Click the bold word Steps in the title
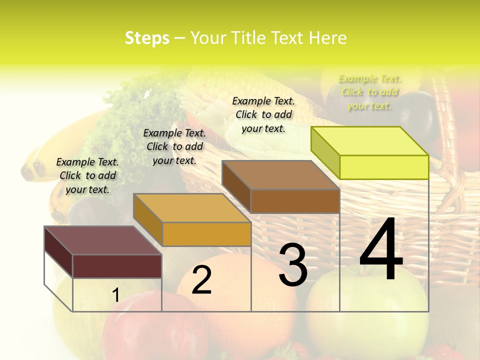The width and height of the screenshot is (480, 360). coord(147,38)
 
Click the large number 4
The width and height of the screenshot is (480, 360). coord(381,249)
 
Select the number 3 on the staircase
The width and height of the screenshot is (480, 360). coord(293,265)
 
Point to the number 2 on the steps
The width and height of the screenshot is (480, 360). coord(201,280)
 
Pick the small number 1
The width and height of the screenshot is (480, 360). coord(115,295)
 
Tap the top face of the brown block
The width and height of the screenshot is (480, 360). coord(280,175)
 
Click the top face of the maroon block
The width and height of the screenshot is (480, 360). coord(102,240)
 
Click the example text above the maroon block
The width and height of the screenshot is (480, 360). coord(87,175)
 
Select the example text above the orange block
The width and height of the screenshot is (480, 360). coord(174,146)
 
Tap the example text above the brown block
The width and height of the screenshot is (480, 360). coord(263,114)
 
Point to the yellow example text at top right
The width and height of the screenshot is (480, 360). coord(369,92)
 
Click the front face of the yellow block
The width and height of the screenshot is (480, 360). coord(384,167)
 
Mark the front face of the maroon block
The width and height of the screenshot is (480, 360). coord(117,266)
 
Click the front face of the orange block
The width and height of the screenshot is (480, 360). coord(206,234)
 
